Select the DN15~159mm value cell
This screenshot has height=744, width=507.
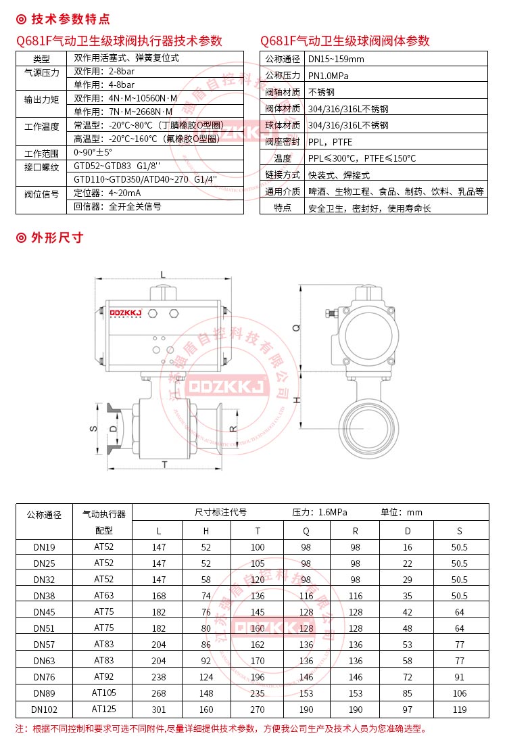click(336, 59)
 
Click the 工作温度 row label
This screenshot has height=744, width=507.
click(41, 126)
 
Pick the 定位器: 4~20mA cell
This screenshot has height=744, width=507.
click(106, 193)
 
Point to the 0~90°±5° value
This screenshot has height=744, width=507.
click(93, 153)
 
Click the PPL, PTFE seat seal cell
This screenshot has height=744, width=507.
click(330, 142)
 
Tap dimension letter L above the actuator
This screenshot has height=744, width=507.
click(163, 274)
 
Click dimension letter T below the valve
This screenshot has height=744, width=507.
click(164, 464)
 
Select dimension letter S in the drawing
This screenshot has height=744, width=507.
click(94, 428)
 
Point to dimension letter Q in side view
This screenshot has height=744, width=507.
click(295, 327)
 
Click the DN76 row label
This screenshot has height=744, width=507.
click(45, 676)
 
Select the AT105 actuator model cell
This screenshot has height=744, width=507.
click(104, 693)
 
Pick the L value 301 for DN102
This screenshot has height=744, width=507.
click(159, 709)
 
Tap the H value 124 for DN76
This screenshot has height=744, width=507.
click(206, 676)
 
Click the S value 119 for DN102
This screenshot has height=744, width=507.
click(460, 709)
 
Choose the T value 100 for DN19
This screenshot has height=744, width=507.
click(258, 547)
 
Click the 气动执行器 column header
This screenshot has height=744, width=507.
click(104, 514)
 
